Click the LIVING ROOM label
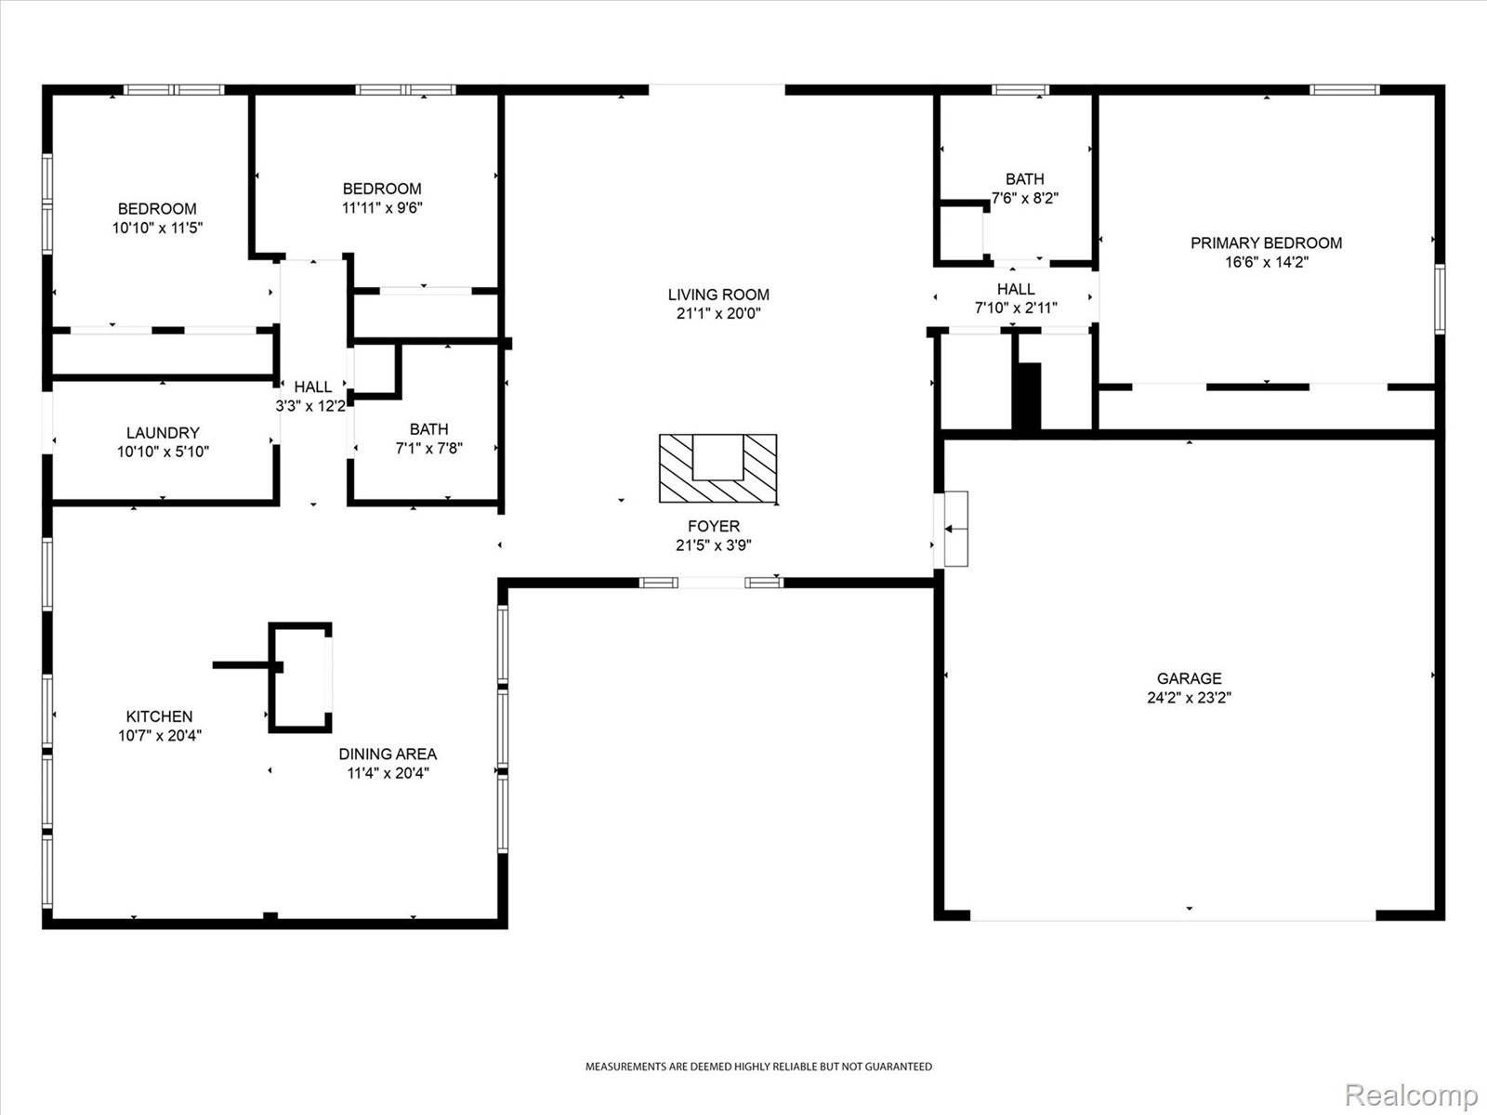click(x=717, y=295)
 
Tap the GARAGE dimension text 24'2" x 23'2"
click(x=1189, y=698)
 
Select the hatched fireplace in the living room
click(x=717, y=468)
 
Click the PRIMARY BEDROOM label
click(x=1266, y=243)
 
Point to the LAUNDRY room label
click(x=163, y=432)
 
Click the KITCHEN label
click(x=159, y=716)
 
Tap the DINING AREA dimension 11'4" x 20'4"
click(x=388, y=773)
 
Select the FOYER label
click(x=713, y=526)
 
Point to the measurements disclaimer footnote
click(x=757, y=1067)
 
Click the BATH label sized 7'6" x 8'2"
click(x=1024, y=178)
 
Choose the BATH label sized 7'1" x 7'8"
click(x=428, y=429)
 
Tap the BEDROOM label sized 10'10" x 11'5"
click(x=157, y=209)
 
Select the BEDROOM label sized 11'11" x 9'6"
click(x=381, y=189)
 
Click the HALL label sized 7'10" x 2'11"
click(x=1016, y=289)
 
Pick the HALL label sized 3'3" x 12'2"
click(x=312, y=387)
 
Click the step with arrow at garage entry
click(x=955, y=529)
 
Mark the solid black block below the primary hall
click(x=1027, y=396)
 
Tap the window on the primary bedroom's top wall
click(x=1345, y=90)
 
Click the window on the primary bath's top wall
click(x=1020, y=90)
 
